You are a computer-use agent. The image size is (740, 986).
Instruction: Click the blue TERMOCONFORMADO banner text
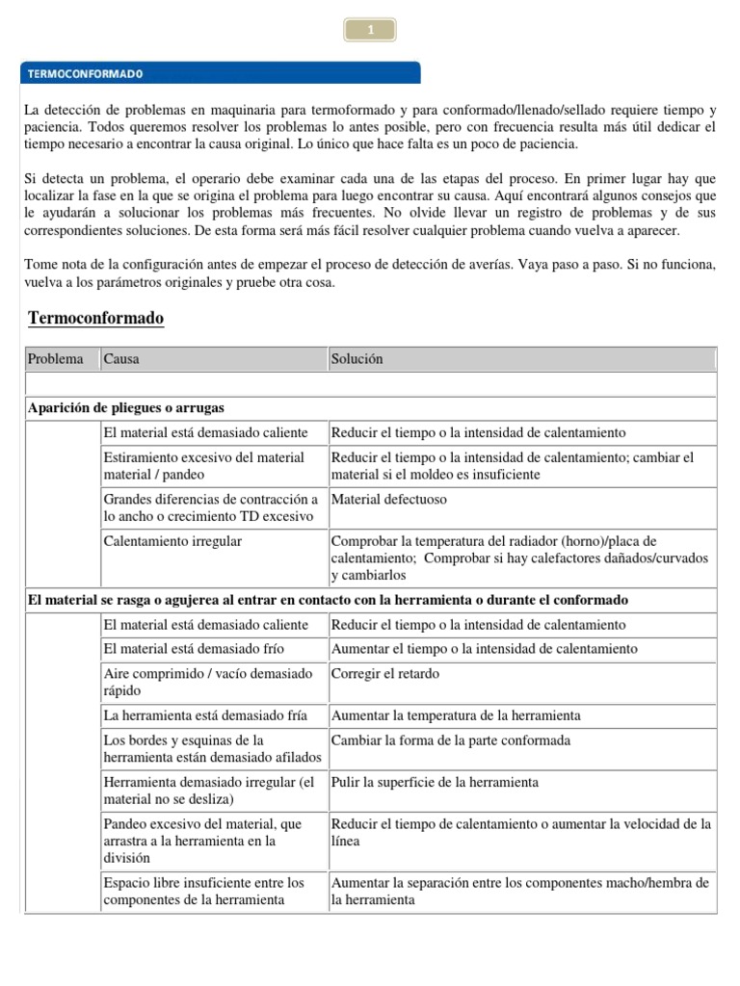pos(85,72)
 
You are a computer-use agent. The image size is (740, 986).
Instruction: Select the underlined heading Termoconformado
pos(96,318)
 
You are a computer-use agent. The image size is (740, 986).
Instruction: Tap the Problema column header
pos(56,359)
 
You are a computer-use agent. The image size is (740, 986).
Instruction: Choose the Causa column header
pos(121,359)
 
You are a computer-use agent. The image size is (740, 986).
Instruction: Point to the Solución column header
pos(357,359)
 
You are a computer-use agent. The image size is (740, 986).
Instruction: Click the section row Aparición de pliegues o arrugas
pos(125,407)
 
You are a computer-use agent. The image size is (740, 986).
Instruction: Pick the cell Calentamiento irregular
pos(172,541)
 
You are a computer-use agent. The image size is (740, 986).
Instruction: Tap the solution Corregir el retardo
pos(384,673)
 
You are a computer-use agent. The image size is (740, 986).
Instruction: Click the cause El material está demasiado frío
pos(194,648)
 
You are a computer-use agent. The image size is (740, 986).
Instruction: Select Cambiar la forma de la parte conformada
pos(450,740)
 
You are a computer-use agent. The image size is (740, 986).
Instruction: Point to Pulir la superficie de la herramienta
pos(435,782)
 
